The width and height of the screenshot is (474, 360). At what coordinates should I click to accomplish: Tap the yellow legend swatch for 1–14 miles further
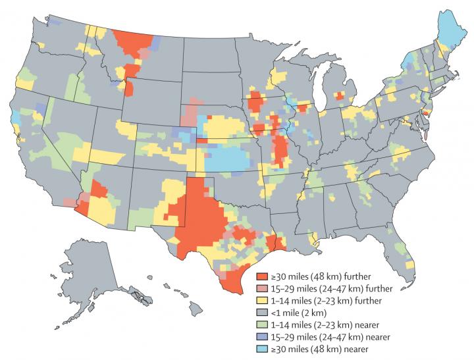tap(261, 301)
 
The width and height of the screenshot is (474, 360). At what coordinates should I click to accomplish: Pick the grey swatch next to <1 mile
tap(261, 313)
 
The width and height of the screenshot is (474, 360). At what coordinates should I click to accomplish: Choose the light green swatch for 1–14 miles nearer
tap(261, 325)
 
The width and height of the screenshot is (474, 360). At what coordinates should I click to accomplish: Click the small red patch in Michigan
tap(340, 96)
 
